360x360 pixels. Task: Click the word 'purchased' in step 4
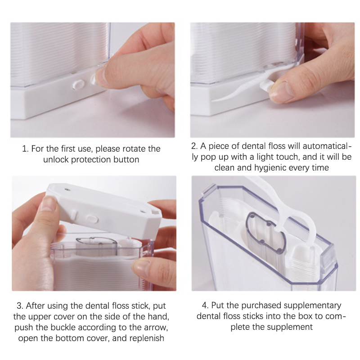coord(261,306)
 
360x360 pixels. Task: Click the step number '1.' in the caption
coord(25,149)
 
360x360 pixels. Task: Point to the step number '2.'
coord(195,146)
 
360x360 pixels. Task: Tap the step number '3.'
coord(20,306)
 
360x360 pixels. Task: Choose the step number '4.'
coord(205,306)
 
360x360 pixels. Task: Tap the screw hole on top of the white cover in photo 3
coord(67,189)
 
